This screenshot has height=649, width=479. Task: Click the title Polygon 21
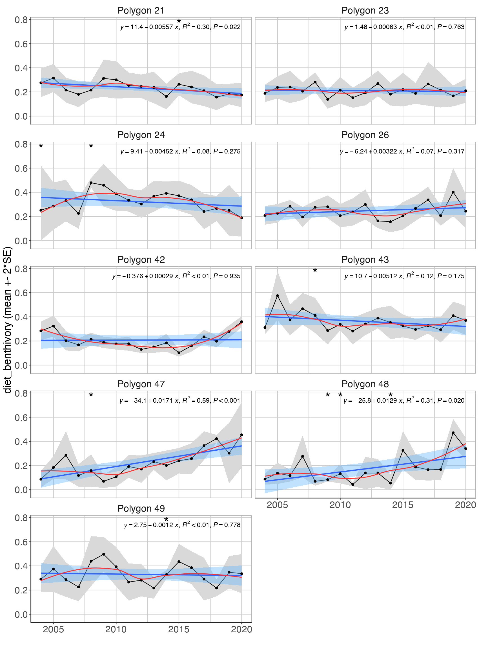(x=141, y=10)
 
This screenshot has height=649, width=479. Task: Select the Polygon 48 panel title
(x=365, y=384)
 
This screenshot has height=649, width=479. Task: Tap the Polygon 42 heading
(x=141, y=260)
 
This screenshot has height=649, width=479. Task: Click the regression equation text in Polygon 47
(x=180, y=400)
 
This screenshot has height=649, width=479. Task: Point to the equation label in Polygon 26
(x=402, y=151)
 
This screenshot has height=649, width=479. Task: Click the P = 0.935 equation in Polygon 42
(x=176, y=276)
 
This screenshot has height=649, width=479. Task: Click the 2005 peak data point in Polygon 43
(x=278, y=296)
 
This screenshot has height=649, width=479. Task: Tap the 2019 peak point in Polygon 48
(x=453, y=433)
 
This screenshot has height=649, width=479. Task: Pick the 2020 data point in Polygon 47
(x=241, y=435)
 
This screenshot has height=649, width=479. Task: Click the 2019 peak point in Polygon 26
(x=453, y=192)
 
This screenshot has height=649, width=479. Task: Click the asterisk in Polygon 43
(x=315, y=271)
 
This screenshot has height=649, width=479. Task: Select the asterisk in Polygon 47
(x=91, y=396)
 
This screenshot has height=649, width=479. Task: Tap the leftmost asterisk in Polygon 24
(x=41, y=146)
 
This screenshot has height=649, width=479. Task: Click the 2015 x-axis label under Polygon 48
(x=402, y=505)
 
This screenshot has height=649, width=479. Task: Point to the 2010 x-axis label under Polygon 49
(x=116, y=629)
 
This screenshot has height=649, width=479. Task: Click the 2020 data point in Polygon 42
(x=241, y=322)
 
